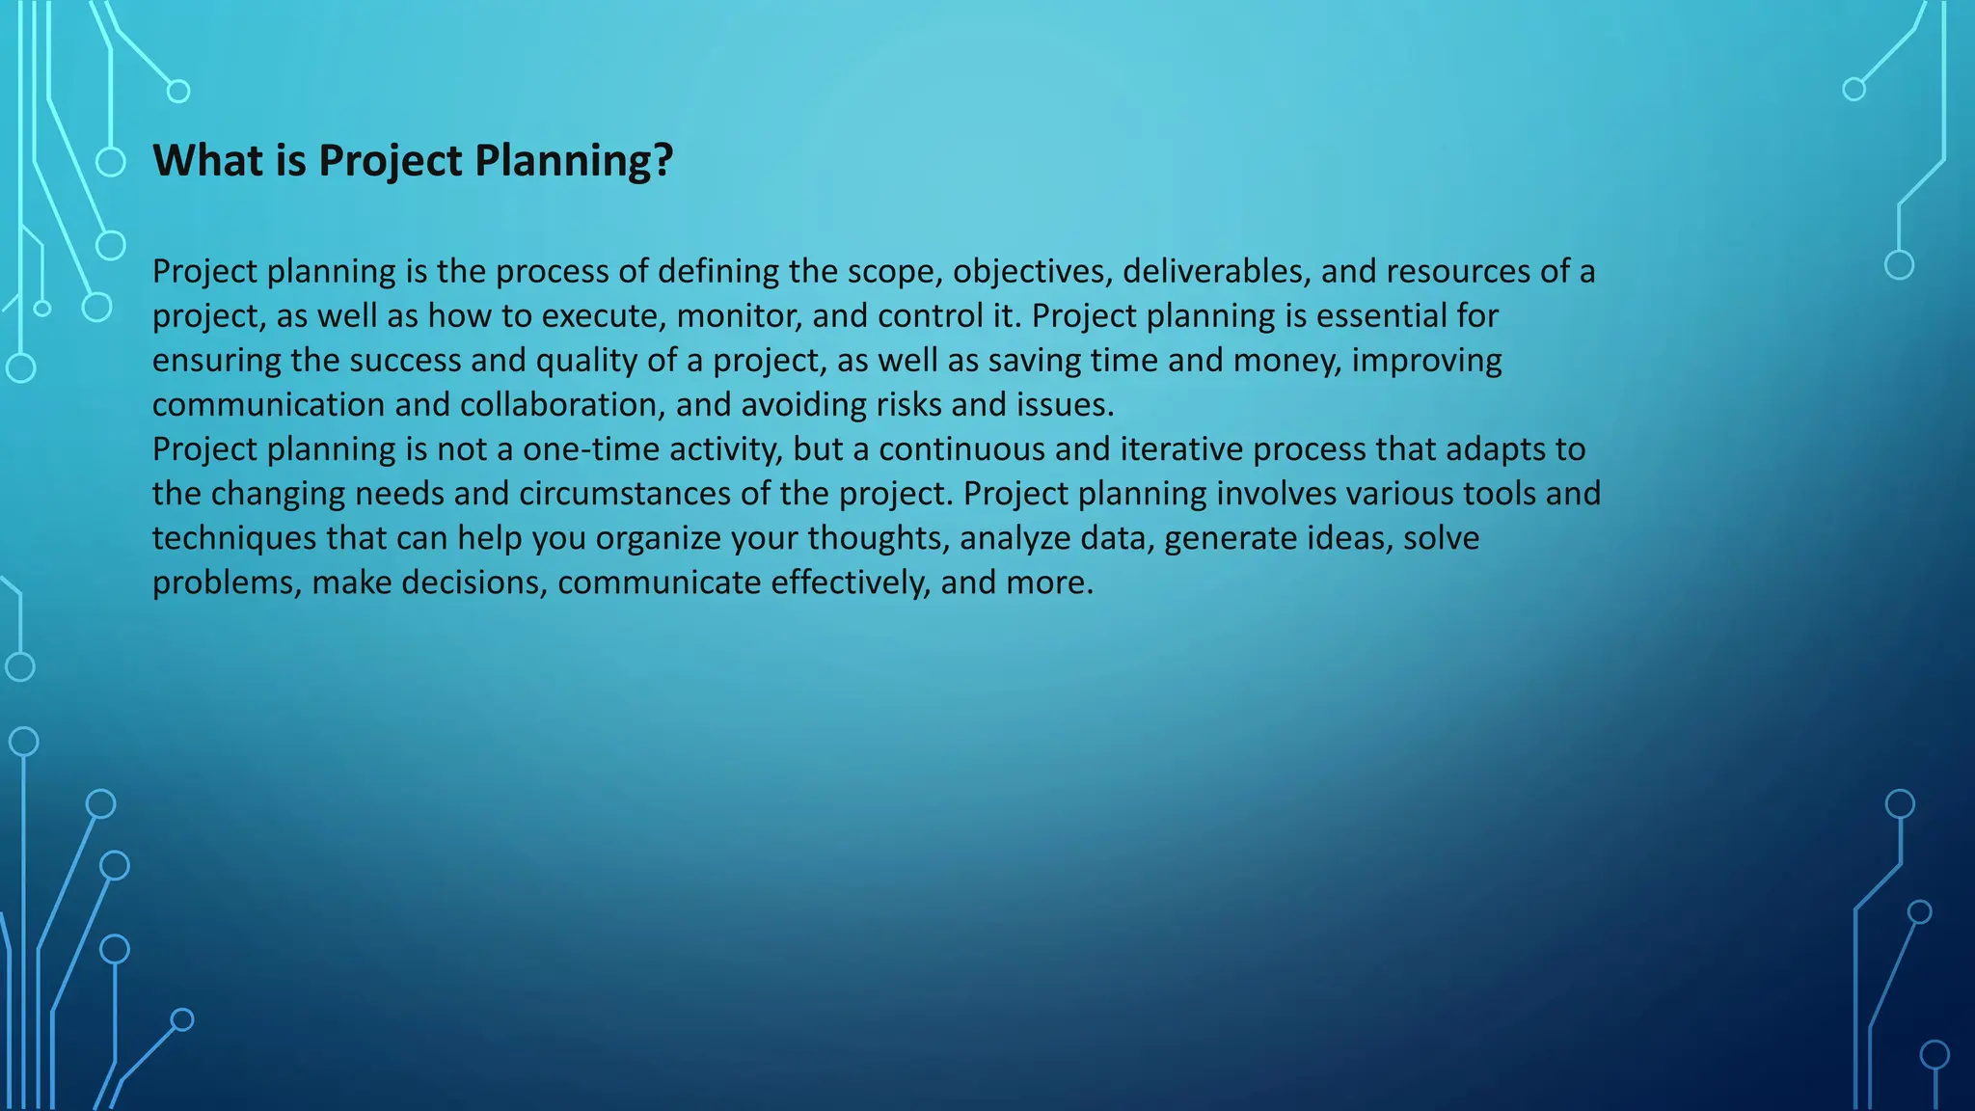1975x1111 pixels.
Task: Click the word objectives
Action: pos(1032,272)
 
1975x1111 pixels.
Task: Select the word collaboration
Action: pos(562,405)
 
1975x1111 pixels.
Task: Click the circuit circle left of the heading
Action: pos(111,162)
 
